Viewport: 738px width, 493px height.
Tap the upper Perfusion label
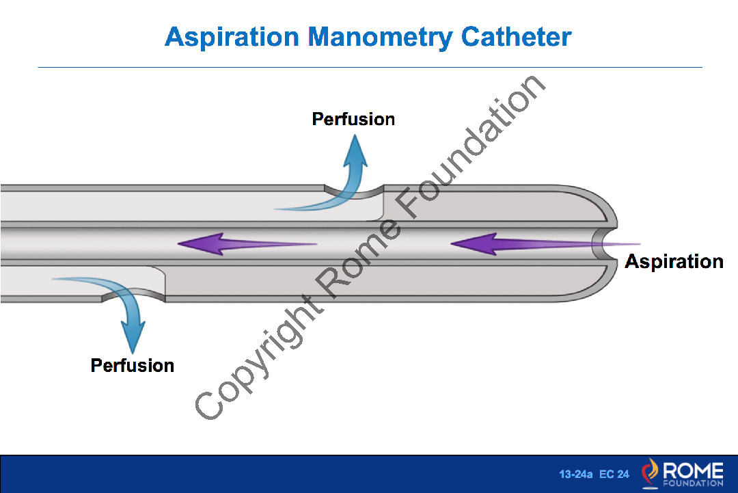pos(353,119)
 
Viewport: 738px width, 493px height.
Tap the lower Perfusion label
pos(133,365)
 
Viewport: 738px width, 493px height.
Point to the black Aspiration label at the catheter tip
pos(674,261)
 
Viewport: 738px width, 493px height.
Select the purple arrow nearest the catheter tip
pos(519,244)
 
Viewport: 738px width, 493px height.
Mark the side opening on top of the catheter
pos(353,191)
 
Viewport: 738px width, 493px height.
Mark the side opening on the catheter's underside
pos(133,295)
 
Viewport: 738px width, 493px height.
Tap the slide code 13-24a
pos(575,474)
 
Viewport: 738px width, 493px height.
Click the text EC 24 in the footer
pos(614,474)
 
